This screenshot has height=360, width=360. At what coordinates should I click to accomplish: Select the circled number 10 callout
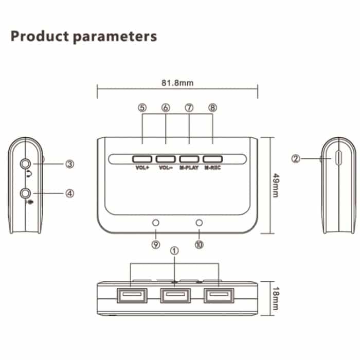coord(199,245)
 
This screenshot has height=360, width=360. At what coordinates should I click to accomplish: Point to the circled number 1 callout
coord(174,251)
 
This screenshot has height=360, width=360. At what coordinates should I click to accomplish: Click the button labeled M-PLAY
coord(189,158)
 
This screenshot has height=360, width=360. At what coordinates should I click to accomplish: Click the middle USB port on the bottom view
coord(175,296)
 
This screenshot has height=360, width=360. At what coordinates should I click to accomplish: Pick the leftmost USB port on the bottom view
coord(132,296)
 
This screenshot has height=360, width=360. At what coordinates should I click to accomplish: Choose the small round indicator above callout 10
coord(200,223)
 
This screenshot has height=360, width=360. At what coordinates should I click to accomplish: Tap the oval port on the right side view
coord(337,158)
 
